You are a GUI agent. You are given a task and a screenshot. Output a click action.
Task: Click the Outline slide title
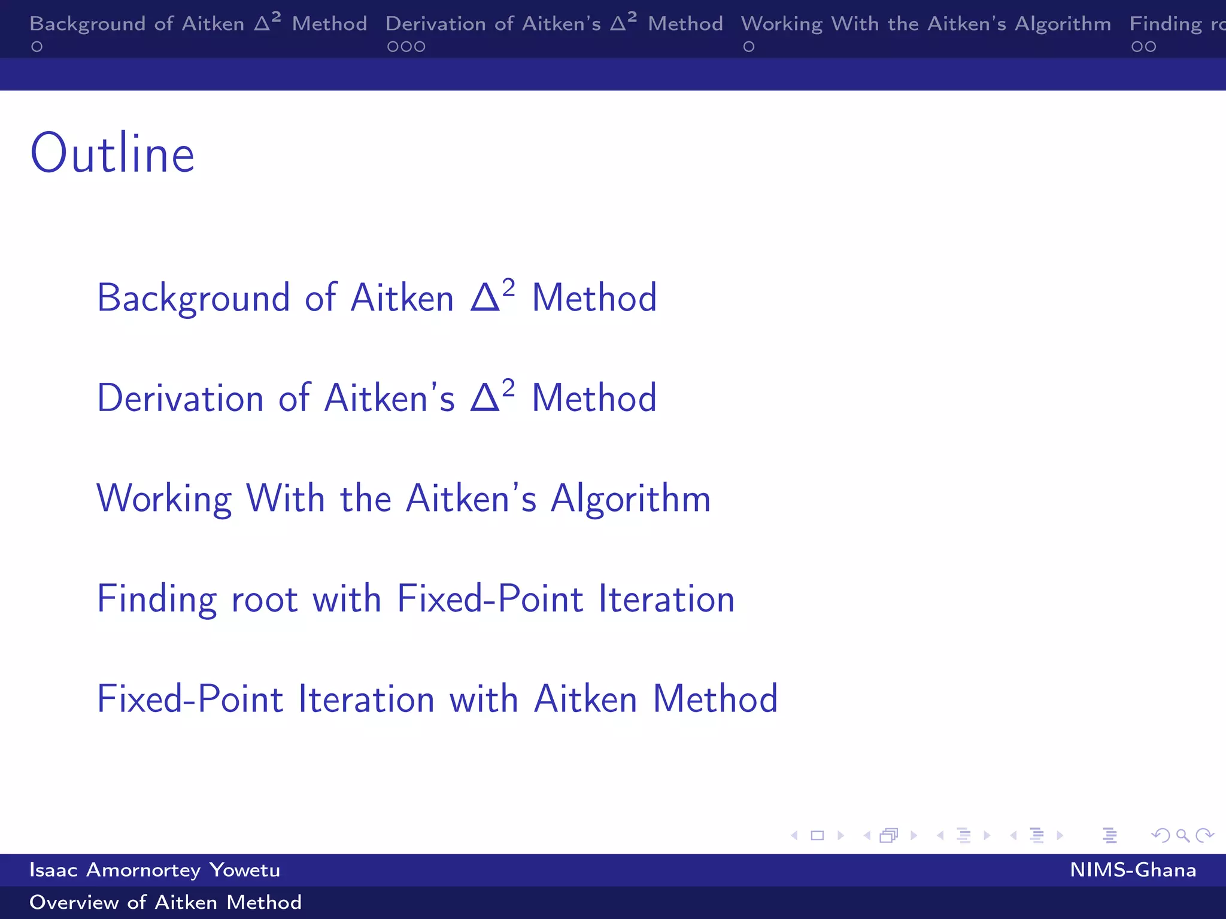(113, 154)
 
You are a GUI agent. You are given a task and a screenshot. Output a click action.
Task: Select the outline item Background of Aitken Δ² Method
(377, 297)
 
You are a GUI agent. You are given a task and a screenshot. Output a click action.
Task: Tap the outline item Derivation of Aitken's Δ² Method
(377, 398)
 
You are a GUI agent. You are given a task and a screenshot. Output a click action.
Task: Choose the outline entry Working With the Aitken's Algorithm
(403, 498)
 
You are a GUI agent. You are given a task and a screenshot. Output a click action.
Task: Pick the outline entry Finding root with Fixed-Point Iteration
(415, 598)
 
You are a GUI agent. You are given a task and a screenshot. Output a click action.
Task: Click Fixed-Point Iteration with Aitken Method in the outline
(437, 699)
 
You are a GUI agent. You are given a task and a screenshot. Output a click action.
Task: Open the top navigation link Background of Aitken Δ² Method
(198, 24)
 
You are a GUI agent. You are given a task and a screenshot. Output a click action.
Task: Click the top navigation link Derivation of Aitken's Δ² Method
(554, 24)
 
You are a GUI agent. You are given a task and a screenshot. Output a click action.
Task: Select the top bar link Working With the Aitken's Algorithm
(925, 24)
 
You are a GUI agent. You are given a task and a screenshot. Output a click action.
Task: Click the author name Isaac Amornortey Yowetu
(154, 870)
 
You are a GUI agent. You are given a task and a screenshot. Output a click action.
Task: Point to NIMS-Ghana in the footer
(1133, 870)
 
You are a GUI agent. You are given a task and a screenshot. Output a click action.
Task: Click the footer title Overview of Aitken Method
(165, 902)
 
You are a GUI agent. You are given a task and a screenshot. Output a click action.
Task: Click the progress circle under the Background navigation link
(37, 47)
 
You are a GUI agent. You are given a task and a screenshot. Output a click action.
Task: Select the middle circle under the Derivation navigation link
(406, 47)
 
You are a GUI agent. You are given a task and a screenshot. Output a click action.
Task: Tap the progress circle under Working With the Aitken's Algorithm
(749, 47)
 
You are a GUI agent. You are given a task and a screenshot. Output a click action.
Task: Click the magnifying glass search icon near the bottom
(1182, 835)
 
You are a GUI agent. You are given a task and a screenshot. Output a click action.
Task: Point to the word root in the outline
(265, 600)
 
